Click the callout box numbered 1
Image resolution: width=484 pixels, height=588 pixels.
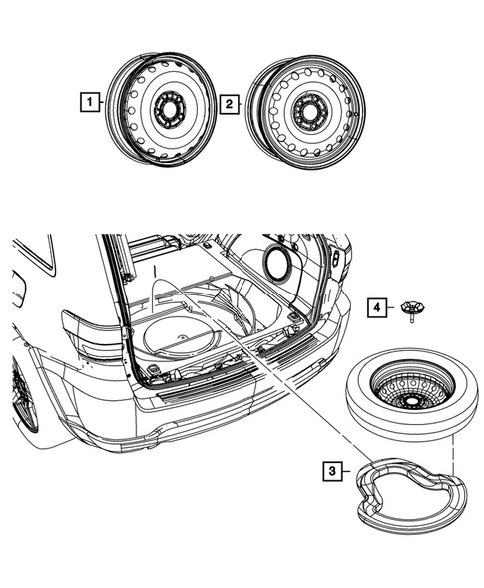[x=91, y=102]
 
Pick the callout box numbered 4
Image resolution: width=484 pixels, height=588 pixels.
[x=376, y=307]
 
